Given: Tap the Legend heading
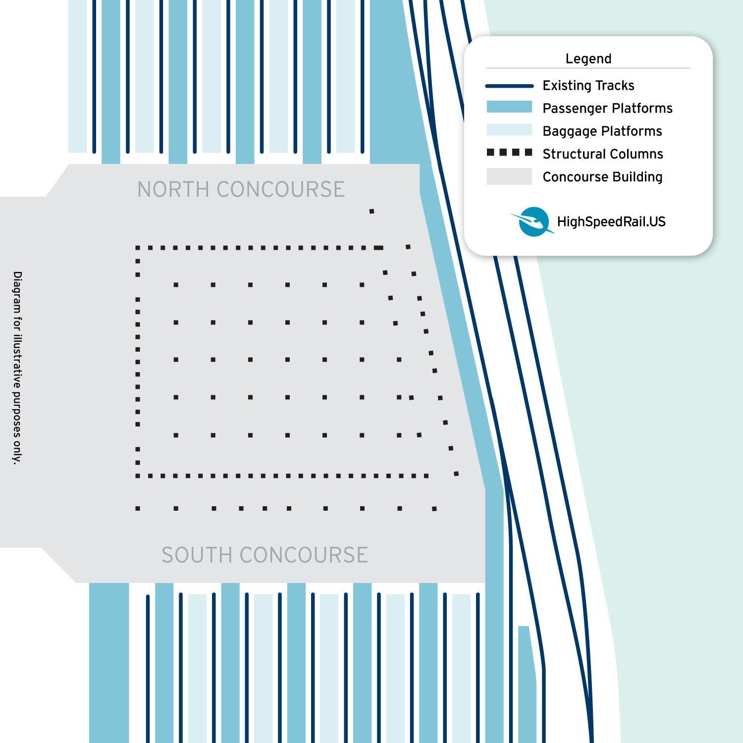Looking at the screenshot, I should click(588, 59).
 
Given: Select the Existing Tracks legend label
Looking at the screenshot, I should click(588, 86).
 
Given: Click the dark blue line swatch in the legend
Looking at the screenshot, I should click(509, 86).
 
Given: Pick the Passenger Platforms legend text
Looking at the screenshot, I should click(607, 108).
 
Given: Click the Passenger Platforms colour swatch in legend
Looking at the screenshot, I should click(509, 107).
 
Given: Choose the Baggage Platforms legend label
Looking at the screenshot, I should click(602, 131).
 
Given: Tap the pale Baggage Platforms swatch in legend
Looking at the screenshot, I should click(509, 130).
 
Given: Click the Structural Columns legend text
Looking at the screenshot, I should click(602, 154).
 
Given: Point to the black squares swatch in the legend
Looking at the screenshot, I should click(509, 153).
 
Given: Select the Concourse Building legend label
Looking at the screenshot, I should click(602, 177).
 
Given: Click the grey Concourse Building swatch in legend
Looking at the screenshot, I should click(509, 176).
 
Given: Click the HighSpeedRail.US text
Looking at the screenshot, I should click(611, 222).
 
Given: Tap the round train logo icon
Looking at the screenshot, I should click(533, 221).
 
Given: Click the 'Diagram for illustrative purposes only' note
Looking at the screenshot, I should click(18, 368).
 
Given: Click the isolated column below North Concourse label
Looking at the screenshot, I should click(371, 212).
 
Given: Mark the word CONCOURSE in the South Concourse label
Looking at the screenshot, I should click(303, 555).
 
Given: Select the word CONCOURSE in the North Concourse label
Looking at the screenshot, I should click(280, 190).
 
